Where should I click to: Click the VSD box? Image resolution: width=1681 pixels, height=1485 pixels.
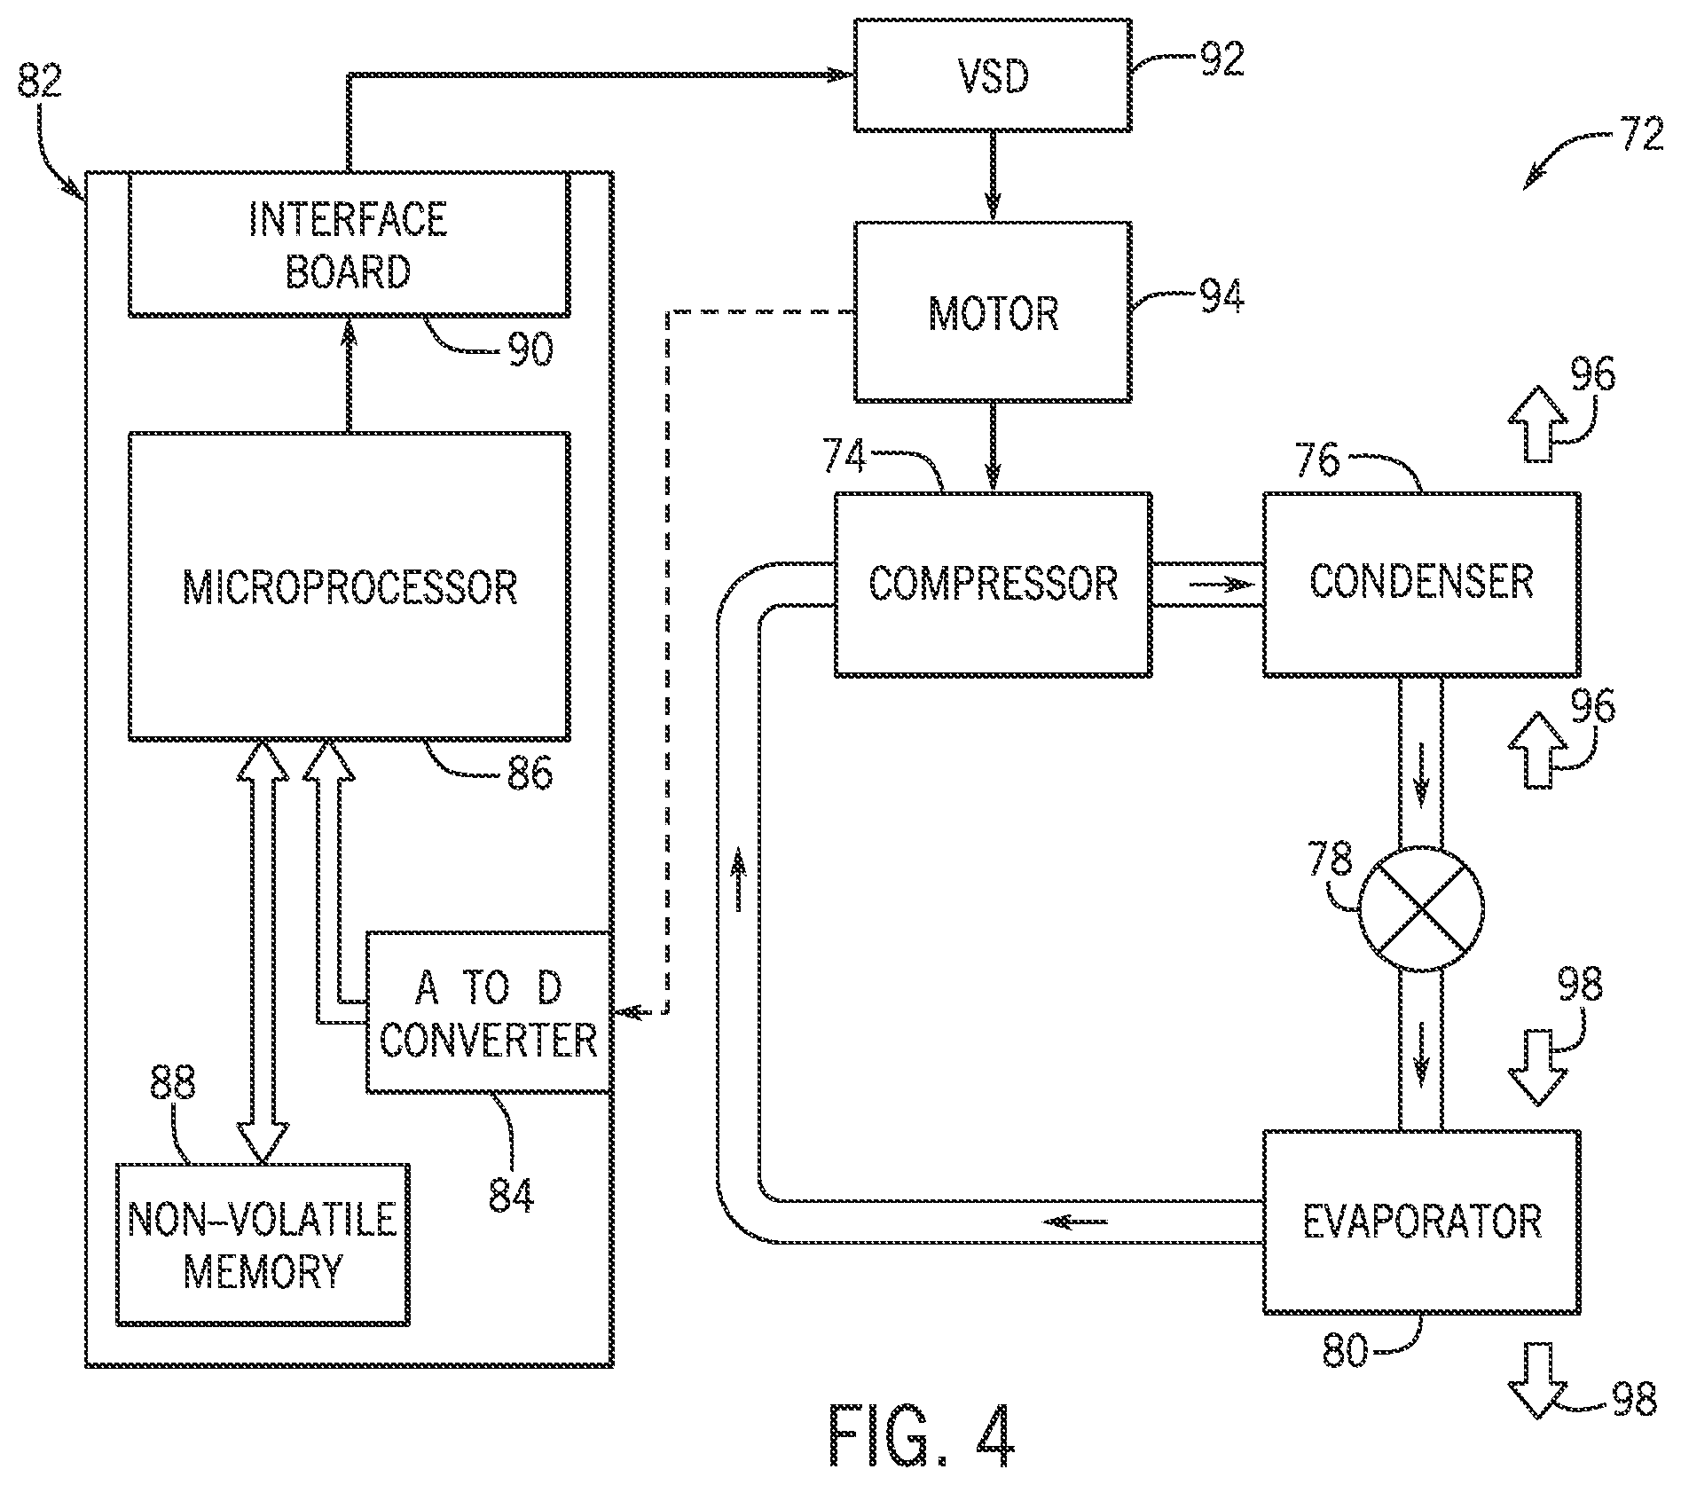992,75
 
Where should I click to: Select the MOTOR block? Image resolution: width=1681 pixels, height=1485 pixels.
992,312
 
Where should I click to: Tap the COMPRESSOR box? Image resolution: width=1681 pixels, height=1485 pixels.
993,584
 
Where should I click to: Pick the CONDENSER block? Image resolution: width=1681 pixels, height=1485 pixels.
1421,584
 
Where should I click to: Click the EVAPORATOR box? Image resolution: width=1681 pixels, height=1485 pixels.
1421,1222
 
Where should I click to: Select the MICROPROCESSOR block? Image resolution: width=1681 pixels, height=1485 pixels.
349,586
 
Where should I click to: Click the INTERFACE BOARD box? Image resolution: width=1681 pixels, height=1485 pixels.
349,244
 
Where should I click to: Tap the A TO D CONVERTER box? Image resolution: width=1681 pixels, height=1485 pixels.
489,1012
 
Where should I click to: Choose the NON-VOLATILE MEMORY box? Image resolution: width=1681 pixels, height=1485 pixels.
263,1245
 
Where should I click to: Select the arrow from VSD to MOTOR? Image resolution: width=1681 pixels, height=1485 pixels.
992,177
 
